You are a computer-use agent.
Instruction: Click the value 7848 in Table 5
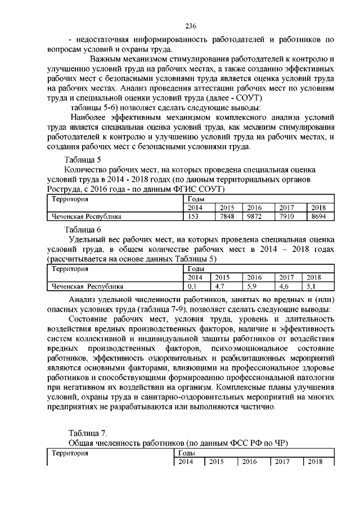pyautogui.click(x=226, y=216)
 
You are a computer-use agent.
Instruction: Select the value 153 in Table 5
pyautogui.click(x=193, y=216)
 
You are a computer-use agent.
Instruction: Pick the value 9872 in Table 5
pyautogui.click(x=255, y=216)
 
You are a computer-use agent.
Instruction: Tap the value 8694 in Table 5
pyautogui.click(x=318, y=216)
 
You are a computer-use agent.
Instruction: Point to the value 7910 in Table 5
pyautogui.click(x=287, y=216)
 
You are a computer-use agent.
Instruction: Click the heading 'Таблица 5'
pyautogui.click(x=83, y=159)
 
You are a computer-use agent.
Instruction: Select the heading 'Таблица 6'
pyautogui.click(x=83, y=229)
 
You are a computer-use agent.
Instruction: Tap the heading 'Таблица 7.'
pyautogui.click(x=87, y=432)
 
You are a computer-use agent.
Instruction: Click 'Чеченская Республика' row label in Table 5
pyautogui.click(x=87, y=216)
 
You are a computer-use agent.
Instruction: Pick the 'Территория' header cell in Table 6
pyautogui.click(x=70, y=269)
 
